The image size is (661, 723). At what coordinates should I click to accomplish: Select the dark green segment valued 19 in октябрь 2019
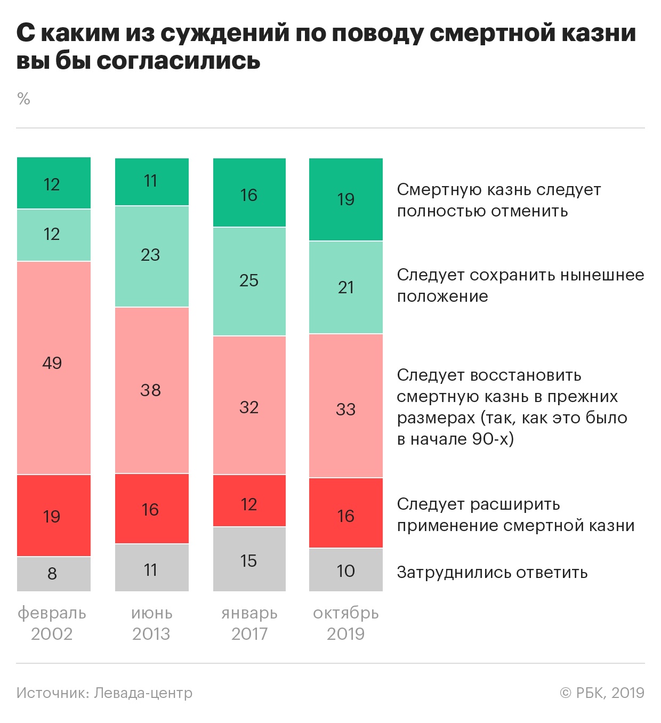point(345,199)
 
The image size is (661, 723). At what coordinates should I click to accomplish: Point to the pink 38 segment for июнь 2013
point(151,390)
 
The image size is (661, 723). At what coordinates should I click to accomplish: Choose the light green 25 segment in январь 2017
point(249,281)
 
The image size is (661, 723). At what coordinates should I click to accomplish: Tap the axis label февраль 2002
point(52,623)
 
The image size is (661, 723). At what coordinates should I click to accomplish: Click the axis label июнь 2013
point(151,623)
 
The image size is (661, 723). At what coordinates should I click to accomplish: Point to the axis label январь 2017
point(249,623)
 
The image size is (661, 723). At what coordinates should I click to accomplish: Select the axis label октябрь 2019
point(345,623)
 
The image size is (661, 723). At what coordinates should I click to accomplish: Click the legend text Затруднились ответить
point(492,573)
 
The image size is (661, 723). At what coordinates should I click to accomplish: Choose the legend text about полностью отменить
point(498,200)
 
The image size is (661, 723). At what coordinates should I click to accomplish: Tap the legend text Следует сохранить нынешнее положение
point(520,286)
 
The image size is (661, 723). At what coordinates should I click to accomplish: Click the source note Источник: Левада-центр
point(104,693)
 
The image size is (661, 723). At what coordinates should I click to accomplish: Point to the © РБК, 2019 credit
point(602,693)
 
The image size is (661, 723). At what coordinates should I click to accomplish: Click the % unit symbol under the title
point(23,99)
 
